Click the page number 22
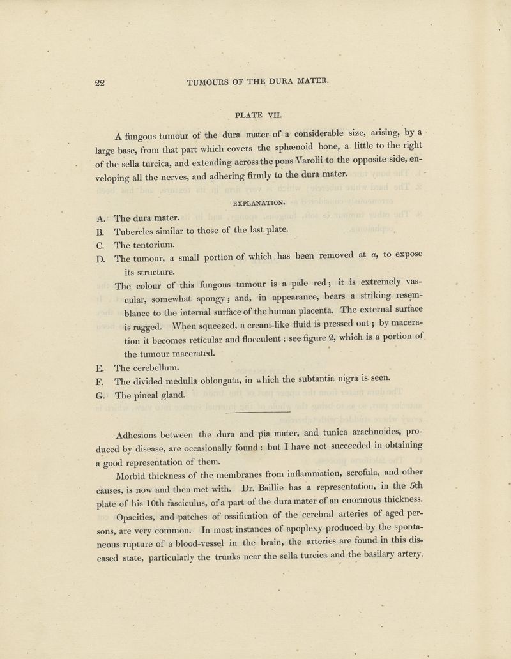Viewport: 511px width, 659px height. [x=99, y=82]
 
